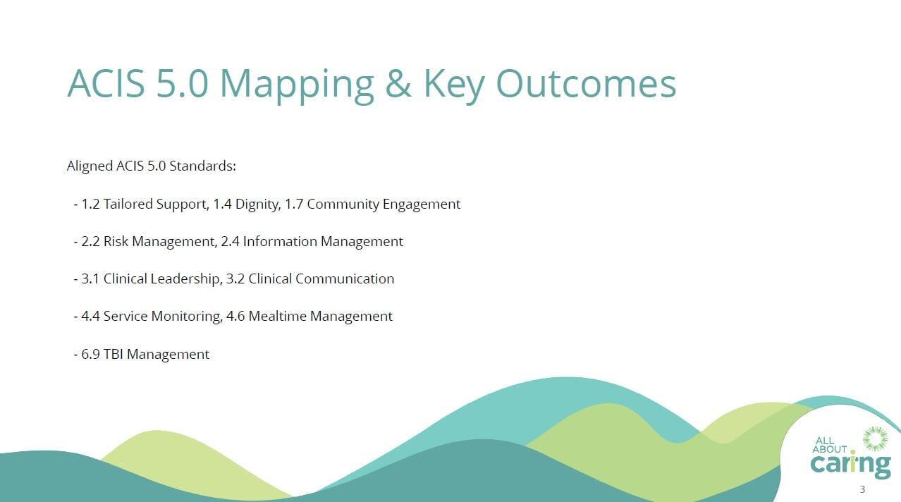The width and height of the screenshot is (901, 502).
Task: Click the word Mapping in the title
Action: click(x=297, y=86)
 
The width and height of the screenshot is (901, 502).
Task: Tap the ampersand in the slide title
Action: click(x=398, y=83)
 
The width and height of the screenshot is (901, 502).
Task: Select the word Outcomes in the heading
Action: click(x=586, y=83)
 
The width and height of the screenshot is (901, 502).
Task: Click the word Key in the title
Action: click(x=454, y=86)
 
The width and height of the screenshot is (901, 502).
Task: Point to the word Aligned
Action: click(x=90, y=166)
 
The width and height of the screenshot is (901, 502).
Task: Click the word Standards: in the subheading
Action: click(x=203, y=166)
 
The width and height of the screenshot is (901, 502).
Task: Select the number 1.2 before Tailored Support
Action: click(x=90, y=204)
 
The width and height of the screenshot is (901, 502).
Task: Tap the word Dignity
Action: click(x=258, y=204)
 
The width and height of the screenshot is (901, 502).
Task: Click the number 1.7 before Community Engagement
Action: click(x=294, y=204)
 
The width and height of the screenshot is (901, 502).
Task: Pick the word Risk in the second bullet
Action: click(x=116, y=241)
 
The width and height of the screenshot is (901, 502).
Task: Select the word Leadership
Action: click(x=186, y=278)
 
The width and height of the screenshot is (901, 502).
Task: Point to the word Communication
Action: click(x=345, y=278)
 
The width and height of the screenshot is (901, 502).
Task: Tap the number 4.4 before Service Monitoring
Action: click(x=90, y=316)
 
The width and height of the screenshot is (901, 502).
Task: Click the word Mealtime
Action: click(x=278, y=316)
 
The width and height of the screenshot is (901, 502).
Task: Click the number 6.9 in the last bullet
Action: click(x=90, y=354)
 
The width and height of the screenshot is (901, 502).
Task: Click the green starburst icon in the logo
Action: click(x=876, y=439)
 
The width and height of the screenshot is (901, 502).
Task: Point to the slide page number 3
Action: click(x=862, y=489)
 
